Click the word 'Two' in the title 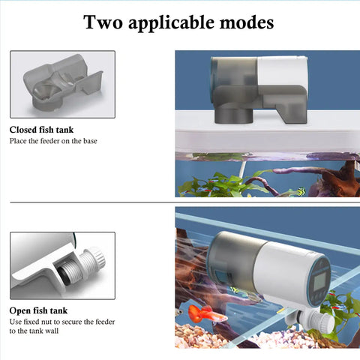pos(103,22)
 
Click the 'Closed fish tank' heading pos(41,130)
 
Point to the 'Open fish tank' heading pos(38,310)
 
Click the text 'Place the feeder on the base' pos(53,141)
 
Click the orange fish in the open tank pos(206,314)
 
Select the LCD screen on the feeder pos(319,280)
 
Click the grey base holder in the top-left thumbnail pos(62,82)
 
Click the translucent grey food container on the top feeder pos(234,73)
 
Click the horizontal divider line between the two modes pos(185,202)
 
